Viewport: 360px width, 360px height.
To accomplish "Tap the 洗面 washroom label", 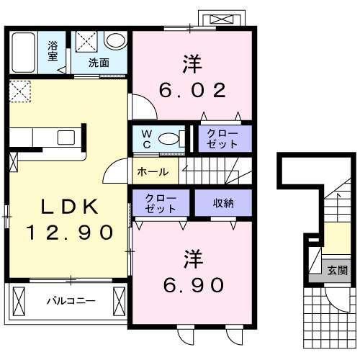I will click(99, 63).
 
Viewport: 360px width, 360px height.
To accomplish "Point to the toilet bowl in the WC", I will click(170, 140).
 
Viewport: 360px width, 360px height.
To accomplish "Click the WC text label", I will click(145, 138).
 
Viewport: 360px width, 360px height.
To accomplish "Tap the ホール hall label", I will click(153, 172).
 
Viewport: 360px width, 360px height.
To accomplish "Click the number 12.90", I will click(70, 232).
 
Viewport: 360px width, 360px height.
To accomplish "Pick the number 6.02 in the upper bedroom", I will click(192, 91).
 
